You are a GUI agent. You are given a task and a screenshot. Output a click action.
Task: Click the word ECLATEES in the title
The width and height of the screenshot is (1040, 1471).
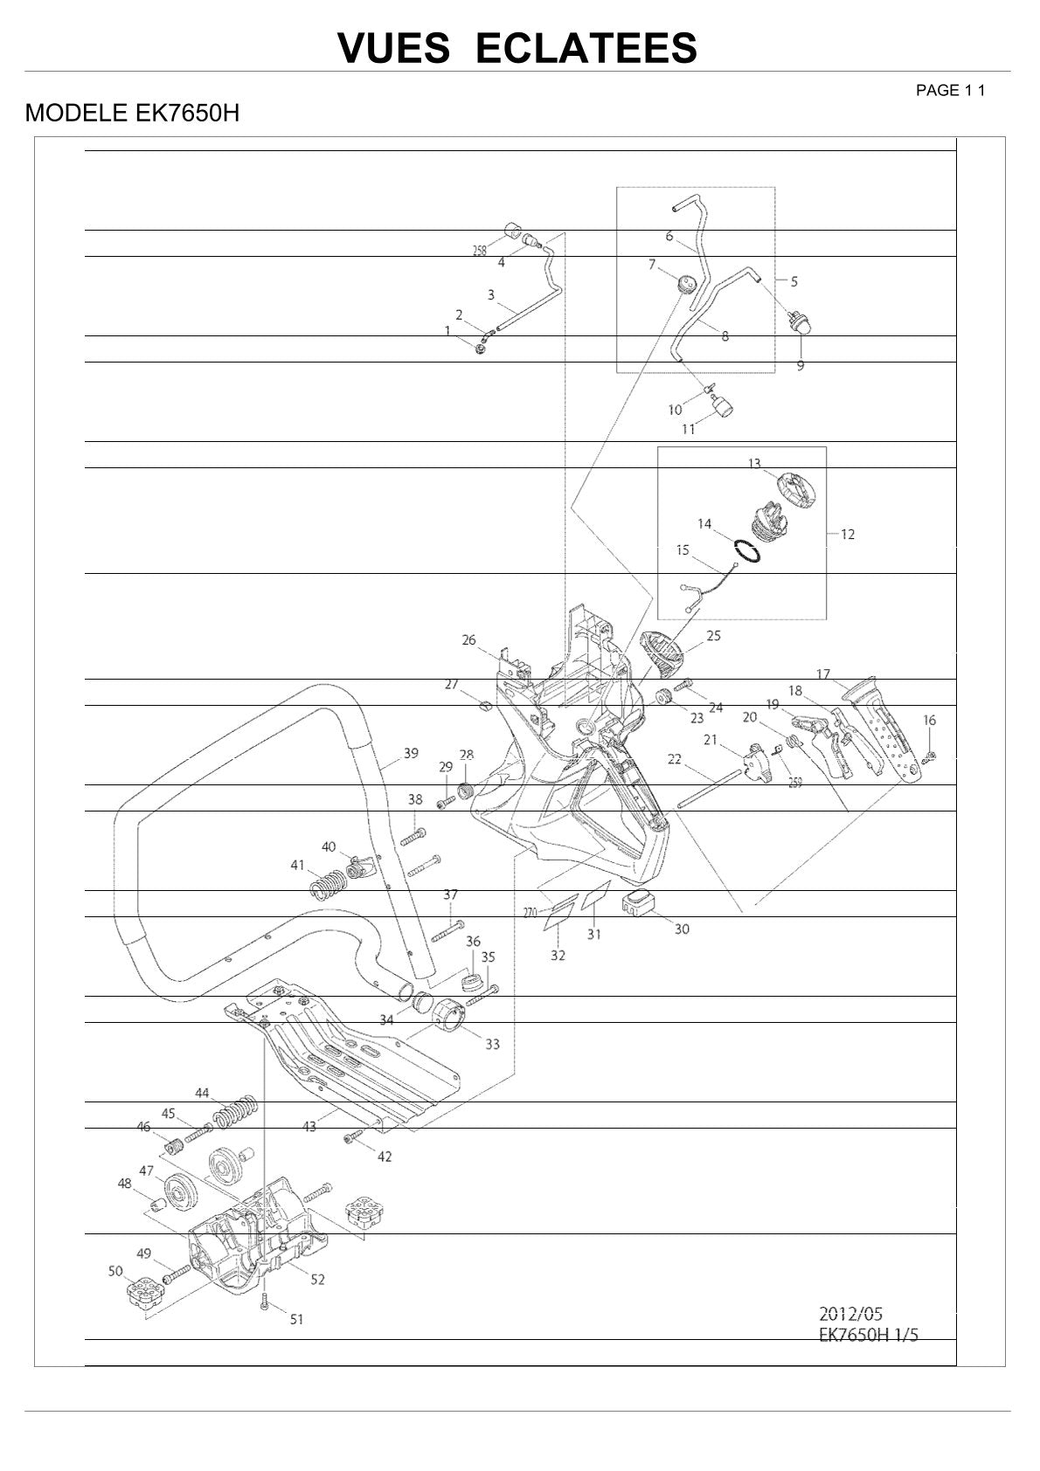coord(586,48)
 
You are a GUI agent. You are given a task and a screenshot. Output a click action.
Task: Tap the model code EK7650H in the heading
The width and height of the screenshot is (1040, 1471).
coord(187,113)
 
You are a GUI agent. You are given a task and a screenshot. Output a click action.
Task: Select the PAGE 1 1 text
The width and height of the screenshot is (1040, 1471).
coord(950,91)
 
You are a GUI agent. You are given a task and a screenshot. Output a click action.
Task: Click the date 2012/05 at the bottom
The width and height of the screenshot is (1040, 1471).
coord(850,1314)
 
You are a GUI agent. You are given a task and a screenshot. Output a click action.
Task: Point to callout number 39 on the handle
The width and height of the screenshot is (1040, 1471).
coord(412,753)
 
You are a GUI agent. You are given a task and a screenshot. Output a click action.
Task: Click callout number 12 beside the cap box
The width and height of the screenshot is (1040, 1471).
coord(848,534)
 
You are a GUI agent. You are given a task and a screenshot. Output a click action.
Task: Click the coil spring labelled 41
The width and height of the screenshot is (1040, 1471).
coord(328,885)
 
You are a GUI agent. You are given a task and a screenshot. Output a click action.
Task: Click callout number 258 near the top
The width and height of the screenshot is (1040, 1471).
coord(480,251)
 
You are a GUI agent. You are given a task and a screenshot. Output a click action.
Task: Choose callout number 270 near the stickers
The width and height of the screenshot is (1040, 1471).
coord(530,911)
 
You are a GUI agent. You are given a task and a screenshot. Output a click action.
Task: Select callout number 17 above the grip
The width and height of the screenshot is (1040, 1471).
coord(823,673)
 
